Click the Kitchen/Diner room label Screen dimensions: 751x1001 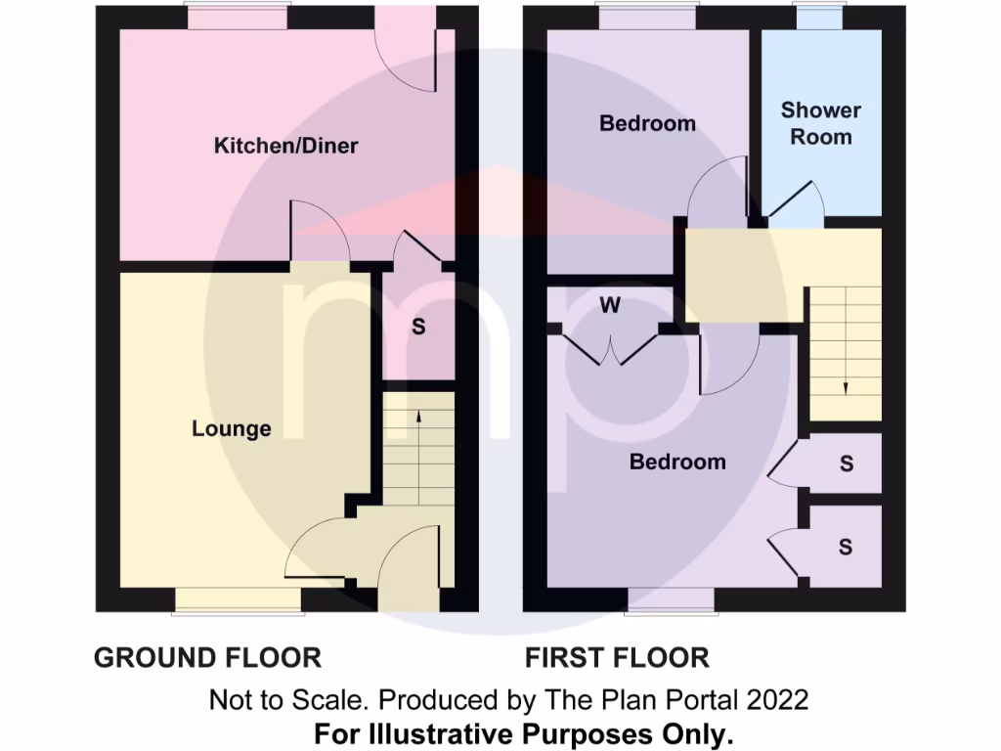[286, 147]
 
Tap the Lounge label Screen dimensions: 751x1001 [232, 428]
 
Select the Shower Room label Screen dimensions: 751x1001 [821, 124]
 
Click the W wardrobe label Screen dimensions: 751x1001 [610, 306]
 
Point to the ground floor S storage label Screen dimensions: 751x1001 [418, 328]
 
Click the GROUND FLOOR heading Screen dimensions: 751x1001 [207, 657]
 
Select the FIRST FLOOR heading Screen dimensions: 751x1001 [617, 657]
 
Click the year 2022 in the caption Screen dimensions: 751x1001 [779, 700]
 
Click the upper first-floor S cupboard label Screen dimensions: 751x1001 [846, 464]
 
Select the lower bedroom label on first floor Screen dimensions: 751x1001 [677, 462]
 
